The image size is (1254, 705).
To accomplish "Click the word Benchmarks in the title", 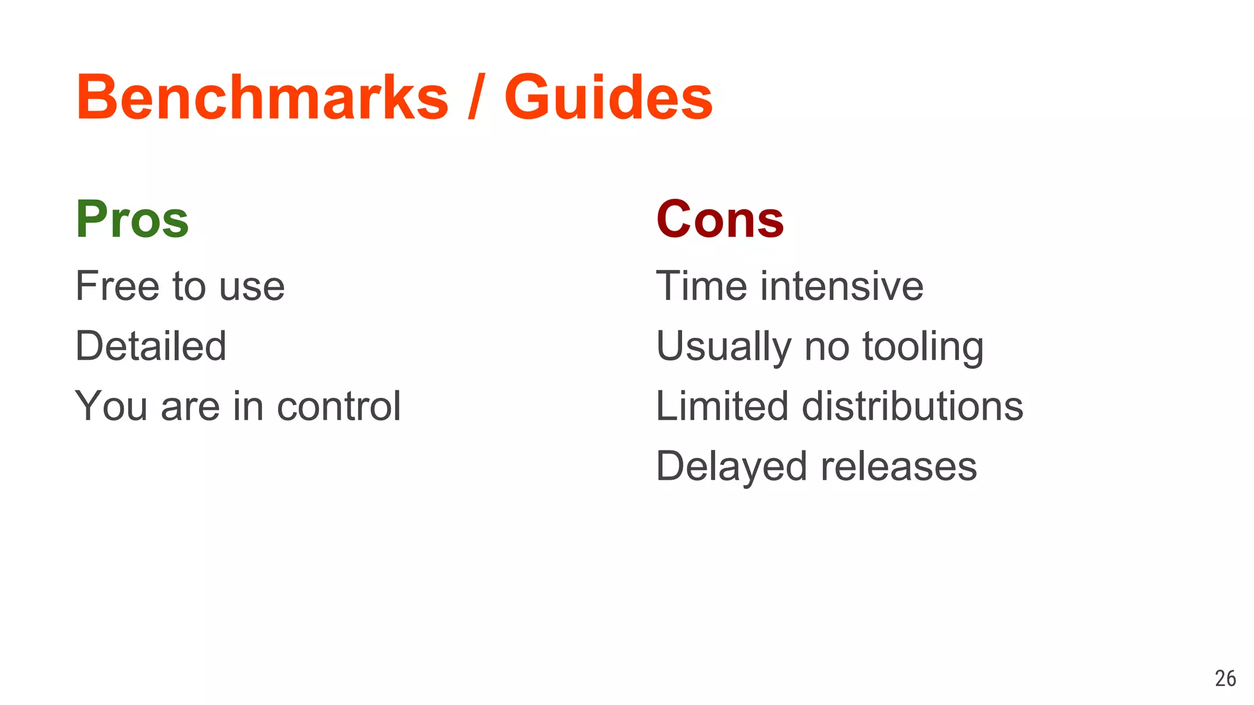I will coord(262,98).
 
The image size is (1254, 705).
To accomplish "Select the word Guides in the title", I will coord(608,98).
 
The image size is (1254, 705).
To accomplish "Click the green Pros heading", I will coord(132,220).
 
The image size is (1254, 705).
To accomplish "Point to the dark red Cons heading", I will coord(719,220).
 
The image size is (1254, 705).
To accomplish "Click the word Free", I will coord(117,286).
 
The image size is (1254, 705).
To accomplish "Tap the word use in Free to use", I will coord(252,287).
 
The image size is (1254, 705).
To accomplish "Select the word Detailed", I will coord(151,346).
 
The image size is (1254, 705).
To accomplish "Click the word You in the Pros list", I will coord(111,406).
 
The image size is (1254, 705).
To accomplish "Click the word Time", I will coord(701,286).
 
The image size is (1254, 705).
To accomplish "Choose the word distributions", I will coord(912,406).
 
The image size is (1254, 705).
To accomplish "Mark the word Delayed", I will coord(731,467).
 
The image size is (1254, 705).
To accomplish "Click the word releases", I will coord(898,467).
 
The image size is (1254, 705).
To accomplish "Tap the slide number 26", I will coord(1225,678).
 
